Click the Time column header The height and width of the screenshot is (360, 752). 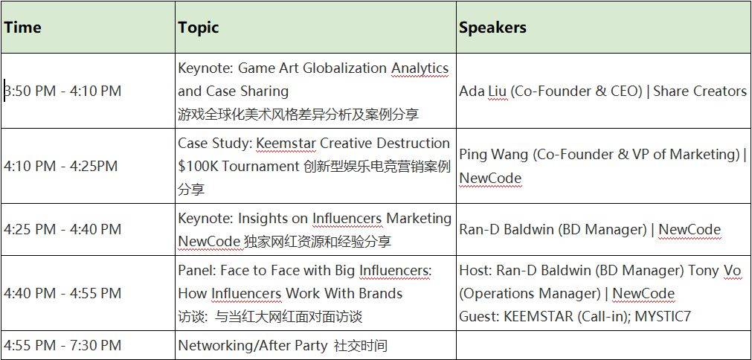pyautogui.click(x=22, y=28)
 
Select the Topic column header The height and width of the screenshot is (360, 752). pyautogui.click(x=198, y=28)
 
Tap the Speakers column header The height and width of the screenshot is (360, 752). pyautogui.click(x=492, y=28)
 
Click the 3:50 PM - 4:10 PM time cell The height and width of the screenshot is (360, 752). pyautogui.click(x=62, y=91)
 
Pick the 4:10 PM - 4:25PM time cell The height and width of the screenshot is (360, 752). pyautogui.click(x=61, y=167)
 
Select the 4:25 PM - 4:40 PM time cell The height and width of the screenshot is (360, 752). pyautogui.click(x=62, y=229)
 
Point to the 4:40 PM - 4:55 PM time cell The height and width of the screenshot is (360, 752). pyautogui.click(x=62, y=293)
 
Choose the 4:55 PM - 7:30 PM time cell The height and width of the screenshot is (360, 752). pyautogui.click(x=62, y=345)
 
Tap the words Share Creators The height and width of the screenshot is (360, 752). pyautogui.click(x=700, y=91)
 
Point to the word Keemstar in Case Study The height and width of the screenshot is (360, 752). pyautogui.click(x=286, y=144)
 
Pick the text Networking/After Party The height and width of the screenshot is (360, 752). pyautogui.click(x=253, y=345)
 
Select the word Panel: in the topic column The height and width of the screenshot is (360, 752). pyautogui.click(x=197, y=270)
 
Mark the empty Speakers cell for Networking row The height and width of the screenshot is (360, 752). pyautogui.click(x=603, y=345)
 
